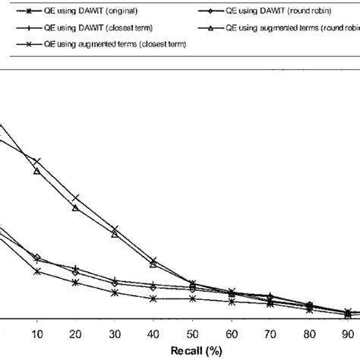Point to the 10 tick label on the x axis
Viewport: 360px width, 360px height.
[x=36, y=334]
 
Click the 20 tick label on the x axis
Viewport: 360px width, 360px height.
[x=75, y=334]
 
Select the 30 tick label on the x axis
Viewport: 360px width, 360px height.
[x=114, y=334]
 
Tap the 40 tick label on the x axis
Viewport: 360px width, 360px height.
[x=153, y=334]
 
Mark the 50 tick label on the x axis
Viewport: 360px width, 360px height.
[x=192, y=334]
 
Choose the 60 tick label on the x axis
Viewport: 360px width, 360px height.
[x=231, y=334]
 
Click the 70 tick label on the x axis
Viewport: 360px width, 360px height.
[x=270, y=334]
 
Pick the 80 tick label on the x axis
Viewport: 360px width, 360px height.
[x=308, y=334]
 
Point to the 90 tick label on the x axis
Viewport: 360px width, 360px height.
[x=347, y=334]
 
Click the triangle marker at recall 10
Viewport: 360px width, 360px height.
[x=36, y=172]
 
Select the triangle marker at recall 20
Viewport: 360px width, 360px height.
[x=75, y=207]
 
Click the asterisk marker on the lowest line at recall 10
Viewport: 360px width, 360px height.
[x=36, y=270]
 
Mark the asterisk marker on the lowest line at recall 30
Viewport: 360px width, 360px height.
[x=114, y=292]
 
